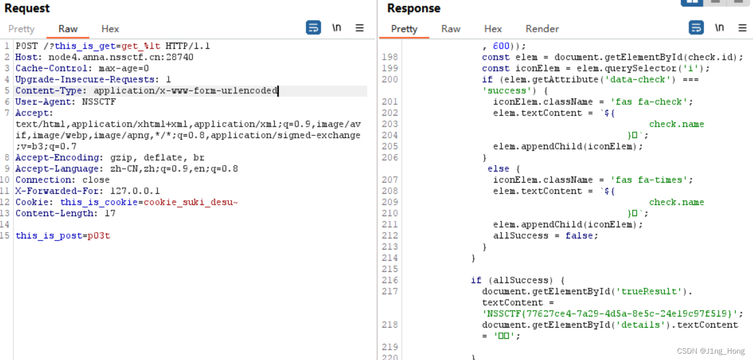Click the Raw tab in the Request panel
click(68, 29)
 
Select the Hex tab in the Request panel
click(110, 29)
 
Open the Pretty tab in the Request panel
click(21, 29)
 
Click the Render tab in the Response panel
click(542, 29)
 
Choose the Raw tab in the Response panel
click(451, 29)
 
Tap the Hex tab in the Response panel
click(492, 29)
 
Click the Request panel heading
click(27, 8)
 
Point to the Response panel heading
click(413, 8)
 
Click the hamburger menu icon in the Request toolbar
click(360, 28)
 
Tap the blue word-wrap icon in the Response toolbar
click(696, 28)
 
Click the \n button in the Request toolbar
click(336, 28)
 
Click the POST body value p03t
click(99, 236)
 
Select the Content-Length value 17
click(110, 213)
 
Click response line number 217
click(390, 292)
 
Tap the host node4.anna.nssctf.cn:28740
click(121, 57)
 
